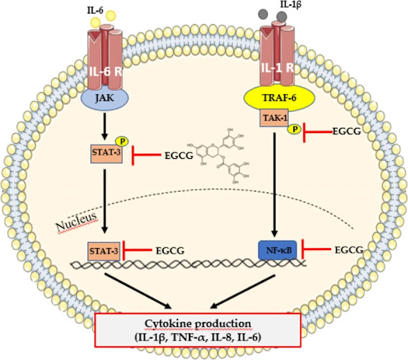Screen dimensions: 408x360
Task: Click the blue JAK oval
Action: [x=105, y=98]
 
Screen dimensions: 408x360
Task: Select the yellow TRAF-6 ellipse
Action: [x=279, y=98]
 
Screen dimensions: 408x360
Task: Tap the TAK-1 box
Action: [x=274, y=118]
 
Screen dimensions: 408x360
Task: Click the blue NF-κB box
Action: [x=277, y=250]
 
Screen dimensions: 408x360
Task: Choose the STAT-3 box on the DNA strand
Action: [x=104, y=251]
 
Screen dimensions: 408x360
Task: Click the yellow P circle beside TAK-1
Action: [x=295, y=129]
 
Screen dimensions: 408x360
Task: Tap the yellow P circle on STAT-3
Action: [x=123, y=141]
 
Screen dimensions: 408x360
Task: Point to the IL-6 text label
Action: [x=95, y=10]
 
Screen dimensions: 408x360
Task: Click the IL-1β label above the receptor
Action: [x=290, y=4]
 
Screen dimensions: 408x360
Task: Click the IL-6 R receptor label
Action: [x=106, y=72]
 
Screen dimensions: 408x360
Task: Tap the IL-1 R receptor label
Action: [x=277, y=68]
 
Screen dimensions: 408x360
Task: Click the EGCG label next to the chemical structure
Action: [x=179, y=156]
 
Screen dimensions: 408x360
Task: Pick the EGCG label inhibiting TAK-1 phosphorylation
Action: [x=347, y=131]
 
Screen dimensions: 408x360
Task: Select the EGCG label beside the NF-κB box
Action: [x=349, y=250]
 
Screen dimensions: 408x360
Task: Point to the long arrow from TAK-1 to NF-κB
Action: [x=274, y=185]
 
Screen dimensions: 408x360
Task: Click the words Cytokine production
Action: [x=198, y=324]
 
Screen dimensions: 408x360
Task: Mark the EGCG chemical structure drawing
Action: [x=218, y=156]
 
